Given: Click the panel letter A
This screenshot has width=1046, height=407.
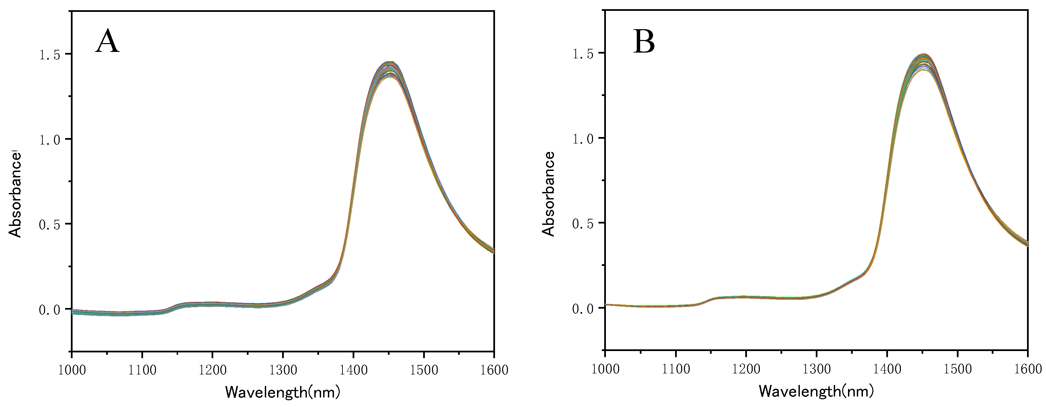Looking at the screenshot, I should pyautogui.click(x=107, y=41).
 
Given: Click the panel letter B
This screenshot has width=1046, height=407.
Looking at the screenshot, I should pyautogui.click(x=644, y=42).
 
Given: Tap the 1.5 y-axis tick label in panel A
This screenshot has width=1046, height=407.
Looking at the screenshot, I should pyautogui.click(x=50, y=55).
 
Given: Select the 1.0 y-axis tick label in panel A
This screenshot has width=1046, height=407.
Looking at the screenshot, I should pyautogui.click(x=50, y=140).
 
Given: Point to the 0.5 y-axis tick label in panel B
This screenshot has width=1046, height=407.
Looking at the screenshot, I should pyautogui.click(x=583, y=224).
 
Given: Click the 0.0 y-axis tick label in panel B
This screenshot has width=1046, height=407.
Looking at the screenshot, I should pyautogui.click(x=583, y=309).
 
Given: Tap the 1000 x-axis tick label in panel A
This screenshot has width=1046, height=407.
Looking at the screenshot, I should pyautogui.click(x=72, y=370).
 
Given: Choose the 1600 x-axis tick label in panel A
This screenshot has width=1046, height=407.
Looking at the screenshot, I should pyautogui.click(x=494, y=370).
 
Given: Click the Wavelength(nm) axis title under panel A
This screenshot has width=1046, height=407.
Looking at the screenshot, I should pyautogui.click(x=283, y=392).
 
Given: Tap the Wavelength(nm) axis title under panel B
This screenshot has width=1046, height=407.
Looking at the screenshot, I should pyautogui.click(x=816, y=391).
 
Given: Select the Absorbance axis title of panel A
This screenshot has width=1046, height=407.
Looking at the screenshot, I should pyautogui.click(x=15, y=194).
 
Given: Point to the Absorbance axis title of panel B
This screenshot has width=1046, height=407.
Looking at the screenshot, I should pyautogui.click(x=548, y=194).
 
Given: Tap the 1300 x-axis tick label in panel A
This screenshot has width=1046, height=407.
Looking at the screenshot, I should pyautogui.click(x=283, y=370).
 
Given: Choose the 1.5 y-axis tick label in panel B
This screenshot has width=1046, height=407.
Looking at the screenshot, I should pyautogui.click(x=583, y=54).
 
